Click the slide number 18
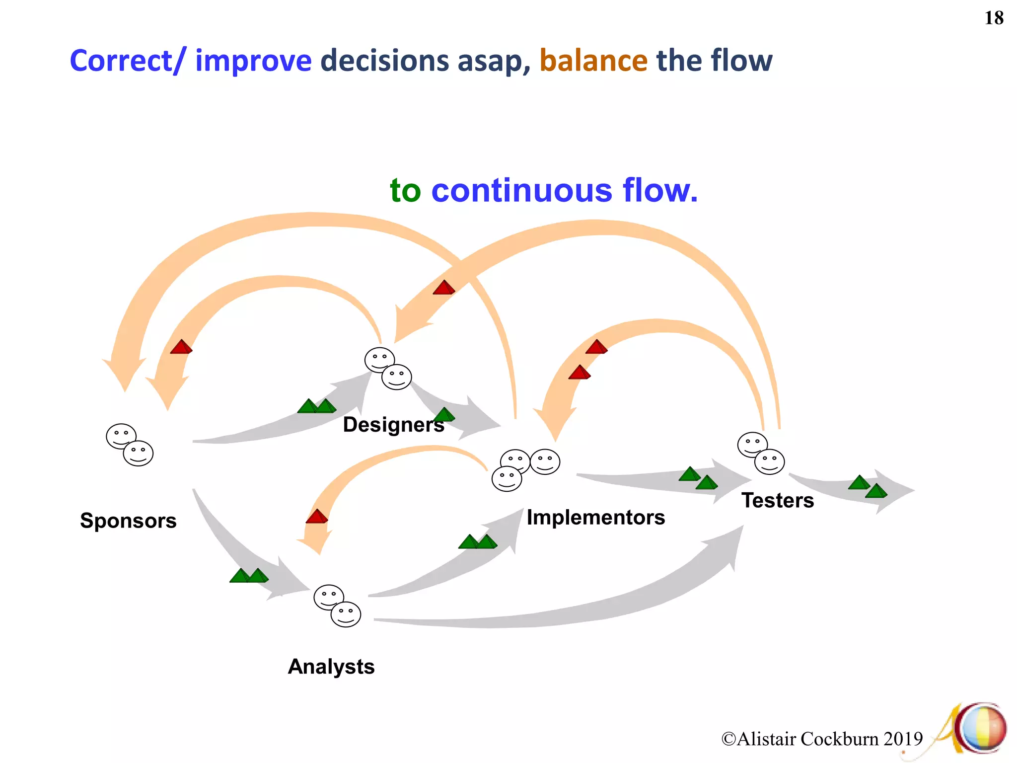(x=994, y=18)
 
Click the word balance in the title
(x=593, y=61)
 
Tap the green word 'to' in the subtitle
(x=405, y=191)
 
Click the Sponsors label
(x=128, y=521)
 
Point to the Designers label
(x=393, y=425)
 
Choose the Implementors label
(x=595, y=518)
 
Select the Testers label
(x=777, y=500)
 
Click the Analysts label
(x=331, y=667)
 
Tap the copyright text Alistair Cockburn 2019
(x=822, y=739)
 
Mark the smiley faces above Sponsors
(x=130, y=445)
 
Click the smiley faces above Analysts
(x=337, y=606)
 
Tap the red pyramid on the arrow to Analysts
(x=316, y=517)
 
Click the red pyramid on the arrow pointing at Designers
(x=443, y=288)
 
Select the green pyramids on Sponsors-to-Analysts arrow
(x=249, y=576)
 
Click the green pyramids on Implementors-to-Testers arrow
(x=698, y=478)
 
